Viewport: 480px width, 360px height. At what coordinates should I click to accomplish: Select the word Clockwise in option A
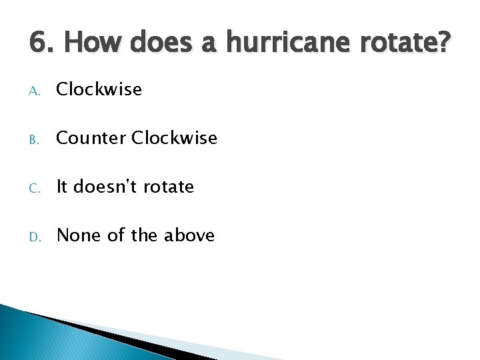(x=99, y=89)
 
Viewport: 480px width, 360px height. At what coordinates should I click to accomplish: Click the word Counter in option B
(x=91, y=138)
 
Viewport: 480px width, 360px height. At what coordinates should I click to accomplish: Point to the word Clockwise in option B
(x=175, y=138)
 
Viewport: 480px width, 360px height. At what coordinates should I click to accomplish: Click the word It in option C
(x=63, y=187)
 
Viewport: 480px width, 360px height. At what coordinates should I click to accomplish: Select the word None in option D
(x=79, y=235)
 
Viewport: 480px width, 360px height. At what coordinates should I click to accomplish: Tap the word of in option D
(x=117, y=235)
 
